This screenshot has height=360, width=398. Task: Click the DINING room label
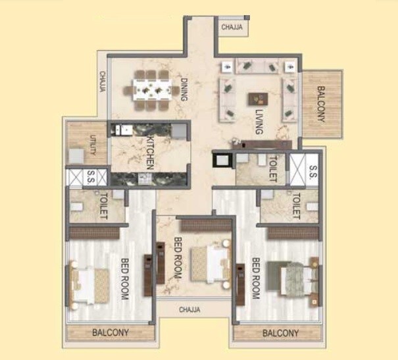pos(184,91)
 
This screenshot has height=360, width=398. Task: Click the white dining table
pos(152,89)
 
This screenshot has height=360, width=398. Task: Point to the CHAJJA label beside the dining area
pos(103,83)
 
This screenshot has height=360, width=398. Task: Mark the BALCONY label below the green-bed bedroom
pos(281,333)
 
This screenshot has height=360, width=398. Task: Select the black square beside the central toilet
pos(220,160)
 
